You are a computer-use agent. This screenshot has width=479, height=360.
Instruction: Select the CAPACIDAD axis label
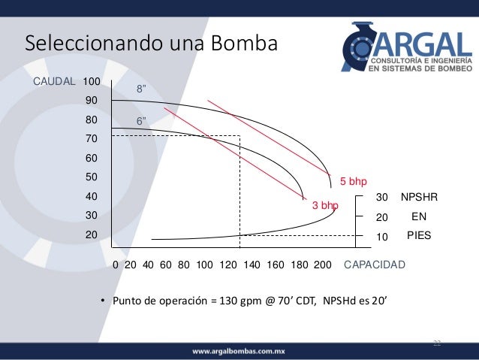point(375,265)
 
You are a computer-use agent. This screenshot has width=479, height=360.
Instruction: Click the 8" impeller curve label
point(140,89)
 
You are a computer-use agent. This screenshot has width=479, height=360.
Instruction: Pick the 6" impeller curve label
point(140,121)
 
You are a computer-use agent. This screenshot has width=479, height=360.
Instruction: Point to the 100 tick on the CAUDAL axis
point(92,80)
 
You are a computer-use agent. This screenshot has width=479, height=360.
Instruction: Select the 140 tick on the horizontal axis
point(252,265)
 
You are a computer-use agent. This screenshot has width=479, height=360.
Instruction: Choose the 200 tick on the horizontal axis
point(323,265)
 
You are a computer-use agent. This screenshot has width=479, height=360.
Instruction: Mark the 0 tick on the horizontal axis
point(116,265)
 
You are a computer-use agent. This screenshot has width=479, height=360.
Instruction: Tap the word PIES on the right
point(419,235)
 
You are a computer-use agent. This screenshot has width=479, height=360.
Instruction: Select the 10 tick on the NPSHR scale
point(382,236)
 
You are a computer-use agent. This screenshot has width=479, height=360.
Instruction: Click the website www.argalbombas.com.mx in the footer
point(239,351)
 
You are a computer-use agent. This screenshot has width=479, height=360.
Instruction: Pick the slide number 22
point(437,343)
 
